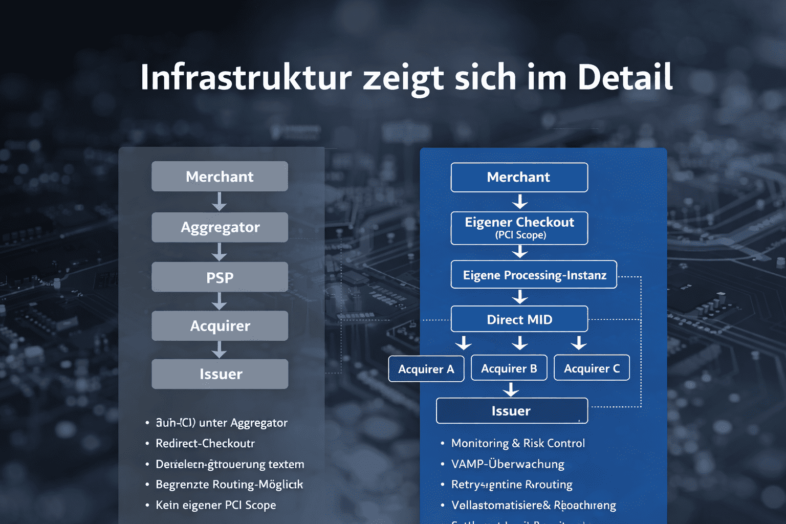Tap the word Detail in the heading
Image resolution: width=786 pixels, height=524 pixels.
(625, 78)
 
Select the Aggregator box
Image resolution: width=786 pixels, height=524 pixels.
(220, 227)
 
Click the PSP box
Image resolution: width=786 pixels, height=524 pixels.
(220, 277)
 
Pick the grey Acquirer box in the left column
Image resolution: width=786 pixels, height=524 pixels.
(220, 326)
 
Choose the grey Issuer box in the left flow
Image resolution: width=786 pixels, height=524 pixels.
(220, 374)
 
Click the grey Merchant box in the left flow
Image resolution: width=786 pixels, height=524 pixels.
(220, 177)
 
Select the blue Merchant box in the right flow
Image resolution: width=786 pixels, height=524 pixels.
(519, 177)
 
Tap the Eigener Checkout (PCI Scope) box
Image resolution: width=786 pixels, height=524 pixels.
(519, 228)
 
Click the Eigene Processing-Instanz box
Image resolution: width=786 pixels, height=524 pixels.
(534, 275)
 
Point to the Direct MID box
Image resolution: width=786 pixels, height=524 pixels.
(519, 319)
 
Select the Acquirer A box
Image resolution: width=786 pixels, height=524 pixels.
(426, 369)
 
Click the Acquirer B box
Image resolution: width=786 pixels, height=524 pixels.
(509, 368)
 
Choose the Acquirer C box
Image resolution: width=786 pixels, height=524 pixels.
(592, 368)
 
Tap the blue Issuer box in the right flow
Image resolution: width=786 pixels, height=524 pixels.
(512, 411)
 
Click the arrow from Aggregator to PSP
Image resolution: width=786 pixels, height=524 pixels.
(220, 252)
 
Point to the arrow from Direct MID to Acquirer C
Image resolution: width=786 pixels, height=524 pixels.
(579, 343)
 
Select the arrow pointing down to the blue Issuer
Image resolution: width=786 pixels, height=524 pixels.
(511, 390)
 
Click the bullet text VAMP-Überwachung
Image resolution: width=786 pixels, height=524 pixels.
(508, 464)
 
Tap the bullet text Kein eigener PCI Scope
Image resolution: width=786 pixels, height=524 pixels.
(215, 505)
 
